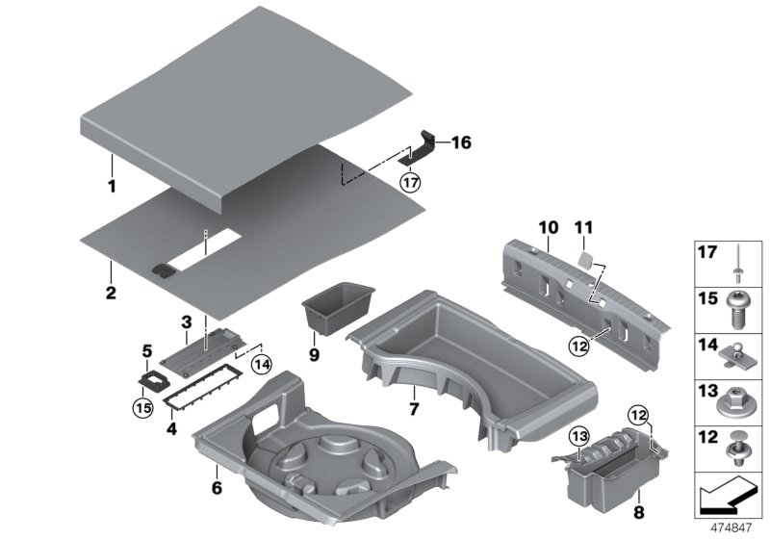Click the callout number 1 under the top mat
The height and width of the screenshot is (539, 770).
pyautogui.click(x=111, y=186)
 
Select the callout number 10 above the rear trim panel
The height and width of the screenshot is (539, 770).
pyautogui.click(x=548, y=227)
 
